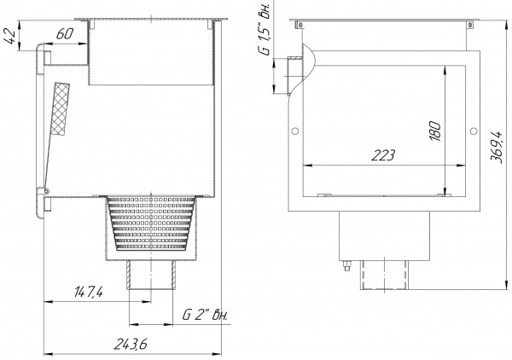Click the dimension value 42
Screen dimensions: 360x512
[9, 38]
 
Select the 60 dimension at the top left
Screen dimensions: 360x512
[63, 35]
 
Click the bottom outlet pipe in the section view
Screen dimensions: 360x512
[151, 278]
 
